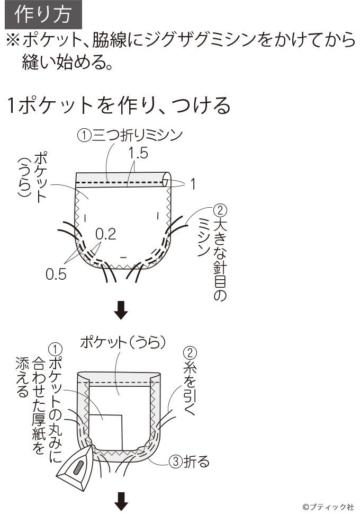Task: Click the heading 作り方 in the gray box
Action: tap(43, 14)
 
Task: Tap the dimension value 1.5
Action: tap(138, 154)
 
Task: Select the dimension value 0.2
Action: tap(106, 234)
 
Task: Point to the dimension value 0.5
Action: tap(56, 274)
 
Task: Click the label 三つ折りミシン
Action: tap(137, 135)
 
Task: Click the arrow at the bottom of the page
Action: tap(121, 501)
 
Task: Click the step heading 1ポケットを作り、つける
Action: tap(119, 105)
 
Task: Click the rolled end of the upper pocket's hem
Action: tap(167, 180)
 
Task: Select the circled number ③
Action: tap(175, 462)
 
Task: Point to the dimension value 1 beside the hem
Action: tap(193, 184)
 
